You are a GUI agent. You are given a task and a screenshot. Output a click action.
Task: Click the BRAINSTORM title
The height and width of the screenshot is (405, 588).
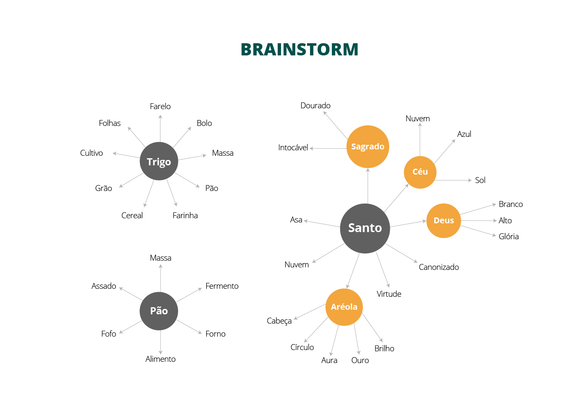tap(299, 50)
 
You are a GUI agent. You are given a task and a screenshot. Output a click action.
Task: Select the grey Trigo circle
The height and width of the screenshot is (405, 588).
tap(159, 162)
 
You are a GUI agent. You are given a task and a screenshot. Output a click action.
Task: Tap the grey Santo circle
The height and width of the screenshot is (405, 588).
tap(365, 228)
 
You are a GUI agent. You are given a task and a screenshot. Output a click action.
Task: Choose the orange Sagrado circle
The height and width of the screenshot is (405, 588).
tap(367, 146)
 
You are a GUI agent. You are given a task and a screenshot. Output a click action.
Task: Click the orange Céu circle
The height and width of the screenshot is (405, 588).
tap(420, 172)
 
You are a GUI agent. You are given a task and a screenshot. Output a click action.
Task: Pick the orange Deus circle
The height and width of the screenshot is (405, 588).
tap(444, 220)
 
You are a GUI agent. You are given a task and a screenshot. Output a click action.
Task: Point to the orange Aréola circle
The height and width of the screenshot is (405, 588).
tap(344, 307)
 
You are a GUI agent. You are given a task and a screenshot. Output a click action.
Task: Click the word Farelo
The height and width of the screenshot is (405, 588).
tap(160, 107)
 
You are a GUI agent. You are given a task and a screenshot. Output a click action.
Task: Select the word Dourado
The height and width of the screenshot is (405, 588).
tap(315, 106)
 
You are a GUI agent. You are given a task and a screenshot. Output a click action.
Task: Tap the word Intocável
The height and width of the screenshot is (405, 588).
tap(293, 148)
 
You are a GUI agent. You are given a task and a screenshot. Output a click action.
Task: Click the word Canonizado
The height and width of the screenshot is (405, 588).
tap(438, 267)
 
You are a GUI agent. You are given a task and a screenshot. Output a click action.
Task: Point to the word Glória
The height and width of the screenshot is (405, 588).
tap(509, 237)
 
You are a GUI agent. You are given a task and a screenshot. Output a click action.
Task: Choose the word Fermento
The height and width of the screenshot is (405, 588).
tap(222, 286)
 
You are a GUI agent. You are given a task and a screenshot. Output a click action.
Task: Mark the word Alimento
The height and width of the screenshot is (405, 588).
tap(160, 359)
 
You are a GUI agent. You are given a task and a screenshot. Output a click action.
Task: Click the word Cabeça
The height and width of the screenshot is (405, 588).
tap(279, 321)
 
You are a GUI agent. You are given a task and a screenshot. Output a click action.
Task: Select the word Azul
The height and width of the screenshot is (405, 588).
tap(464, 134)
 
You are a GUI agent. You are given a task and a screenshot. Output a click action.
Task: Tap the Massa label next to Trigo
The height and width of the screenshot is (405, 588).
tap(223, 153)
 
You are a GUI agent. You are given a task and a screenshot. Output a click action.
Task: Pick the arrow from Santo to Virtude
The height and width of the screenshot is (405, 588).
tap(383, 269)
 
